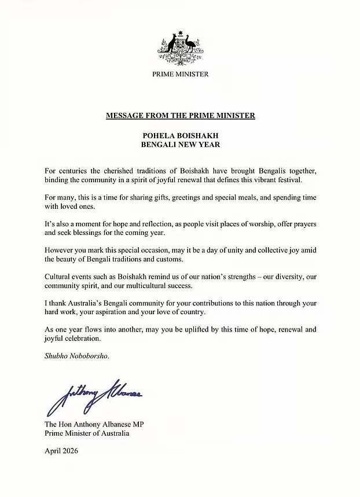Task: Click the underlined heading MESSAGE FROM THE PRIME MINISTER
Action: pos(180,116)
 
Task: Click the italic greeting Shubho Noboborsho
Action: pos(76,356)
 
